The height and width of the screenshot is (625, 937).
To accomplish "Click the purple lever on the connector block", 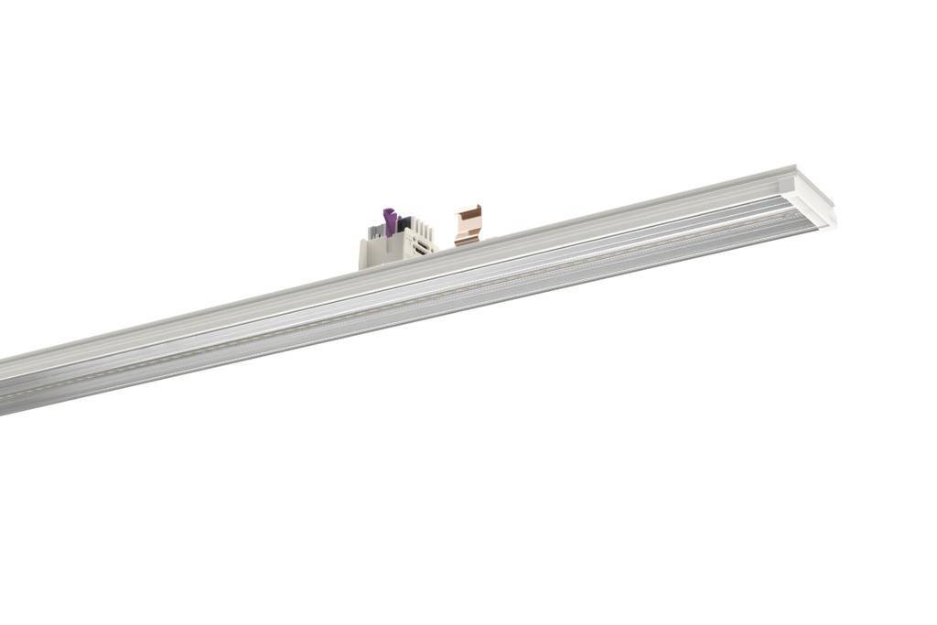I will pyautogui.click(x=390, y=222).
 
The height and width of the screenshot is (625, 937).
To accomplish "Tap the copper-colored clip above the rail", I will pyautogui.click(x=468, y=225).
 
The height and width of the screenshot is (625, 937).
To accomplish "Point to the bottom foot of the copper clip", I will pyautogui.click(x=466, y=241).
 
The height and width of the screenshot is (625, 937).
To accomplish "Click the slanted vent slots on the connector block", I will pyautogui.click(x=423, y=240).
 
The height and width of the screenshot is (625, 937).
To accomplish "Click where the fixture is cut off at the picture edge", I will pyautogui.click(x=4, y=385).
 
